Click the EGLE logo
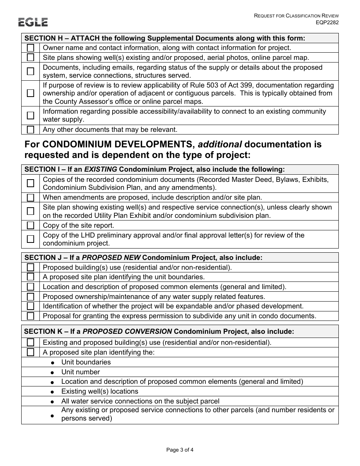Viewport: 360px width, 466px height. [33, 22]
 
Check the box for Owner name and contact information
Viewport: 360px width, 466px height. [31, 48]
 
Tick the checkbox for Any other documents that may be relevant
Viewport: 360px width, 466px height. [31, 130]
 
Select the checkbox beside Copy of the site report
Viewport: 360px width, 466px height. [31, 226]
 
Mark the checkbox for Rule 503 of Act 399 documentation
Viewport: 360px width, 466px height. [31, 93]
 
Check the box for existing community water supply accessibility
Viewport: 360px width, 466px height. [31, 116]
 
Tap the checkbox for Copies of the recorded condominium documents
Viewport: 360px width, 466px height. [31, 183]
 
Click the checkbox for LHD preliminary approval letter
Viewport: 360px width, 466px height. [31, 239]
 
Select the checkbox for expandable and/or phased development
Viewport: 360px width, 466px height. [31, 306]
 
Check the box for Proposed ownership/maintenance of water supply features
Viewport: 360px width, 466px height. [31, 297]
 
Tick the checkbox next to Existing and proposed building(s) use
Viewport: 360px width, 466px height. [31, 342]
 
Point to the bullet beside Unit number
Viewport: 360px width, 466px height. [53, 373]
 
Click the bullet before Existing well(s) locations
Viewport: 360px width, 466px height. [53, 392]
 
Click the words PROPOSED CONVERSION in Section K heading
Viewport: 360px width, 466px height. [127, 332]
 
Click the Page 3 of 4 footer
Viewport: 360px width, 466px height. [180, 450]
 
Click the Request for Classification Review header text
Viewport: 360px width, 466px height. [296, 16]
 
